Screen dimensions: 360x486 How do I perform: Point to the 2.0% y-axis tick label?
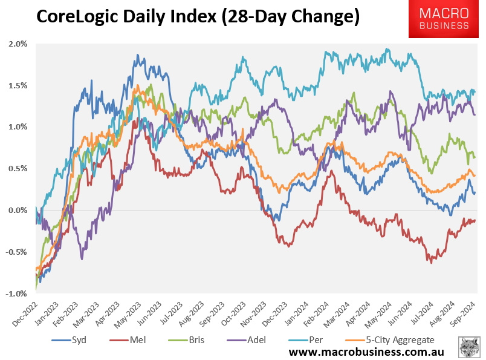tap(18, 44)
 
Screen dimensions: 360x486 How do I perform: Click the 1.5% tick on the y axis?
tap(18, 86)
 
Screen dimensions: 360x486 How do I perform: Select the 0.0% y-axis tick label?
tap(18, 211)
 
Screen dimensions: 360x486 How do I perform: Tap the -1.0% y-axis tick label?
tap(16, 294)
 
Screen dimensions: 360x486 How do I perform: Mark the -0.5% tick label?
tap(16, 252)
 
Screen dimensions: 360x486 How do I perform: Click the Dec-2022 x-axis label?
tap(24, 312)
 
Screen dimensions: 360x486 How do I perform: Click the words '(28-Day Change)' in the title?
tap(287, 18)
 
